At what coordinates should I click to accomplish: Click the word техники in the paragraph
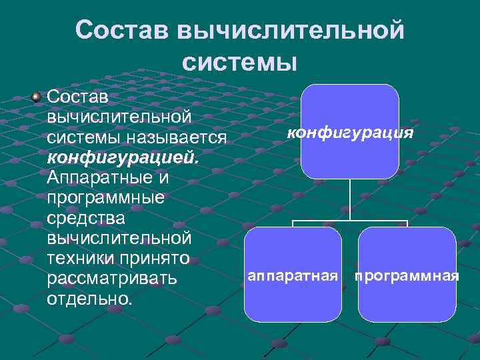(x=82, y=259)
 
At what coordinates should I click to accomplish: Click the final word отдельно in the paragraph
(x=90, y=299)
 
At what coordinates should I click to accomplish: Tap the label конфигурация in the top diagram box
(x=350, y=133)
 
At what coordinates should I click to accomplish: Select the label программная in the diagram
(x=407, y=275)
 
